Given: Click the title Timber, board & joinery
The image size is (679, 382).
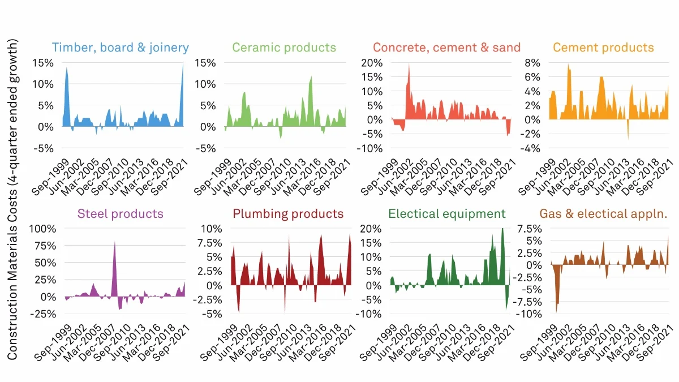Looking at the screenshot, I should [x=120, y=48].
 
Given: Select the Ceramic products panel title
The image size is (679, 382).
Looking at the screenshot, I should [x=284, y=48].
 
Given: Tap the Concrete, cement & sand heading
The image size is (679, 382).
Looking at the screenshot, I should [x=446, y=48].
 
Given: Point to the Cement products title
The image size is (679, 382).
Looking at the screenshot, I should [x=603, y=48].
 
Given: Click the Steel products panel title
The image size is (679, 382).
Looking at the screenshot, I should [x=120, y=214].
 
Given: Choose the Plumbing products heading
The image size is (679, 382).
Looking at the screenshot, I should [x=288, y=214].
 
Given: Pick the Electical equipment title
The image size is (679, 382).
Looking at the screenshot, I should [x=446, y=214].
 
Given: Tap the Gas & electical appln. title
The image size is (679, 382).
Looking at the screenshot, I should [x=604, y=214].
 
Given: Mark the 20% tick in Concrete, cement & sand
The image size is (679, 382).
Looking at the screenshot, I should [x=372, y=62].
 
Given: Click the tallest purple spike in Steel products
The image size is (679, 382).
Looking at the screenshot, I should [x=115, y=243].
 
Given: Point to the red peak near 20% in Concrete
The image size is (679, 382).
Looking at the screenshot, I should [x=409, y=65].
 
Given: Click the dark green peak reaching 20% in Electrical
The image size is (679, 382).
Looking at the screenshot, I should [x=502, y=230].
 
